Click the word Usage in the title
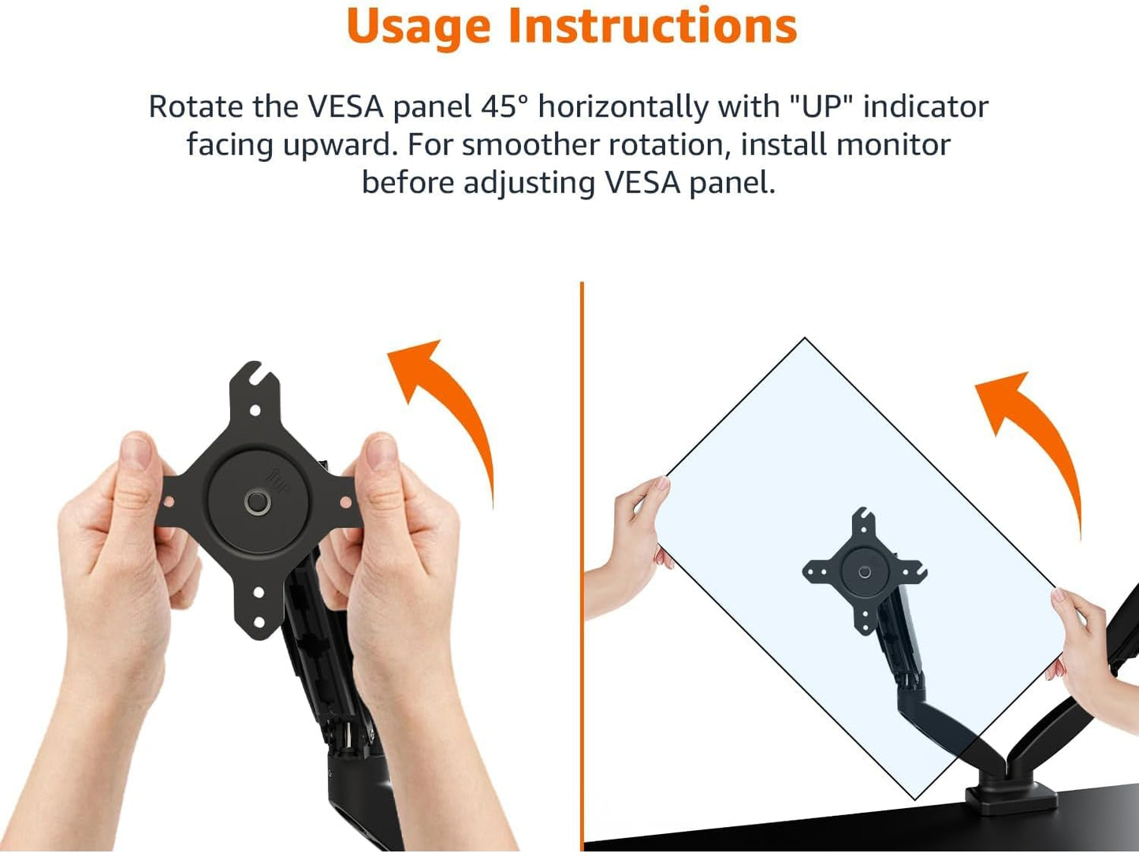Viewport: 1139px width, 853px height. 420,26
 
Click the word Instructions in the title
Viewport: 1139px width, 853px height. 653,26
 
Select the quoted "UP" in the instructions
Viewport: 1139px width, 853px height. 821,106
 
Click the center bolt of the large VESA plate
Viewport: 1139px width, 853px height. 257,502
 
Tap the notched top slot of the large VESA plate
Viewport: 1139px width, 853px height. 254,374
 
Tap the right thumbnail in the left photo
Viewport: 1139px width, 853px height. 382,453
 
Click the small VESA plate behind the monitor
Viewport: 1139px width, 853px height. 865,571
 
